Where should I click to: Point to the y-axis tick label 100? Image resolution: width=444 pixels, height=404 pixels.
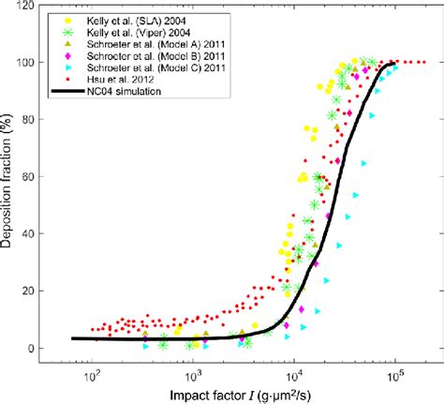(43, 63)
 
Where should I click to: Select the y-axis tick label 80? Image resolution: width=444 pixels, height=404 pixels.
(46, 120)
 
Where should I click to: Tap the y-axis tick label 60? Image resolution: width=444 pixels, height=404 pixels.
(46, 177)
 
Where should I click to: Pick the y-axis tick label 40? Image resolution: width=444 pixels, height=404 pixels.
(46, 234)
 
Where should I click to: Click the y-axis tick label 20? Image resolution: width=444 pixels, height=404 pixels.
(46, 292)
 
